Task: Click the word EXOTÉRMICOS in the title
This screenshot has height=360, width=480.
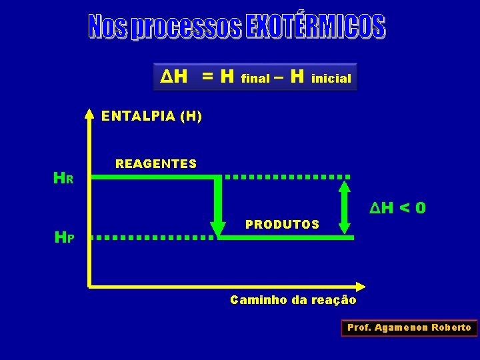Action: pos(315,27)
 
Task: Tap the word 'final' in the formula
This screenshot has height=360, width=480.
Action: pos(255,79)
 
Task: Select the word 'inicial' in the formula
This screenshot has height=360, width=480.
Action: pos(331,79)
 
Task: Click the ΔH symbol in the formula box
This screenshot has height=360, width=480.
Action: pos(173,77)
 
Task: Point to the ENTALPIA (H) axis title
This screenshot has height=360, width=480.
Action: pos(151,117)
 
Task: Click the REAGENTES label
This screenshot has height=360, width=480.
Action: pos(156,163)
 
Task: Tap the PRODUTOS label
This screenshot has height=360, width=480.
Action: pos(282,224)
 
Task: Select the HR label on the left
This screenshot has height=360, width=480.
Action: pos(63,179)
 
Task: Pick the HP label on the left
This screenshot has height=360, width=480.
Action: pos(64,237)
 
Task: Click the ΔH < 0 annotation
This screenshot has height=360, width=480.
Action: pos(398,209)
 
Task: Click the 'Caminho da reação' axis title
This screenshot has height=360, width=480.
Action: pos(293,300)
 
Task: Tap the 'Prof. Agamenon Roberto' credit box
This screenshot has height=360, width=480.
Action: pos(409,327)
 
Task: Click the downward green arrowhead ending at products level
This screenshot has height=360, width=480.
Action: pos(218,225)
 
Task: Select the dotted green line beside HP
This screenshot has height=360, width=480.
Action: pos(152,237)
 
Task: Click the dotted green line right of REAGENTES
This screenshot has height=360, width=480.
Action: pos(287,177)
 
